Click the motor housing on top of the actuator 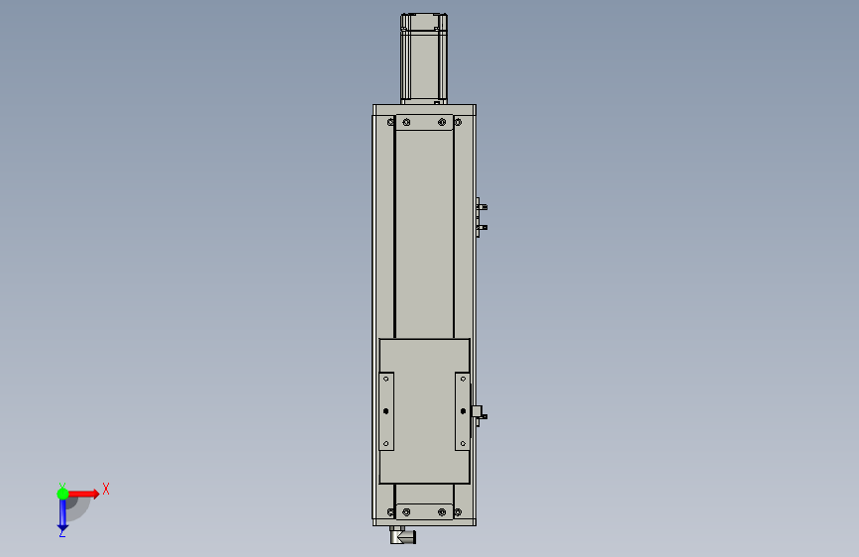423,58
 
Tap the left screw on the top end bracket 406,122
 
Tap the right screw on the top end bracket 442,122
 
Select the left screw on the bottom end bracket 406,512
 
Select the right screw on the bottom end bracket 442,512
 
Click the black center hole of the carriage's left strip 386,411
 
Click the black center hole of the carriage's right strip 463,411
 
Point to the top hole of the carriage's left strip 386,379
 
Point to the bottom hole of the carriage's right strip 463,443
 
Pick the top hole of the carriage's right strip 463,379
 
